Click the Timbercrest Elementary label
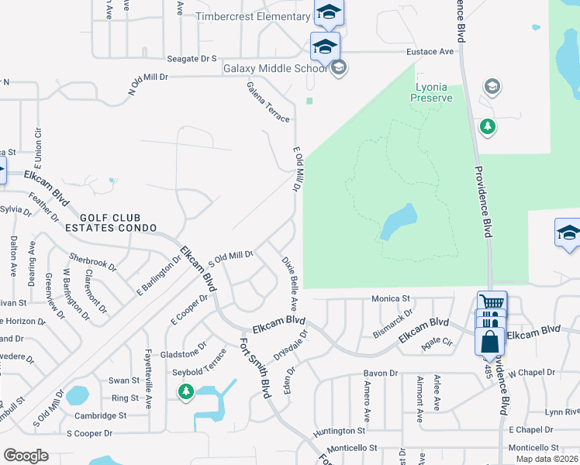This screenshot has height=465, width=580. click(x=253, y=17)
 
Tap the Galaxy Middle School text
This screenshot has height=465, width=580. click(x=274, y=68)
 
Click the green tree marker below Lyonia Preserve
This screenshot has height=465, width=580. click(x=487, y=126)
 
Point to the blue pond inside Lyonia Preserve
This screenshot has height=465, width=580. click(x=398, y=222)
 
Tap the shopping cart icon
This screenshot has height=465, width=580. click(x=492, y=303)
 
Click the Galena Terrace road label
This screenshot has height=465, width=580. click(x=268, y=102)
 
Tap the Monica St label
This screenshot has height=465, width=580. click(x=390, y=298)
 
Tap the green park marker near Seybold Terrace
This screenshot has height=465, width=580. click(x=185, y=392)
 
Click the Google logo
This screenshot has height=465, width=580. click(x=26, y=456)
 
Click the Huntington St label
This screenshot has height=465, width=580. click(x=339, y=430)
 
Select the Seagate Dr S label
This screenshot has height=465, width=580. click(x=192, y=58)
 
